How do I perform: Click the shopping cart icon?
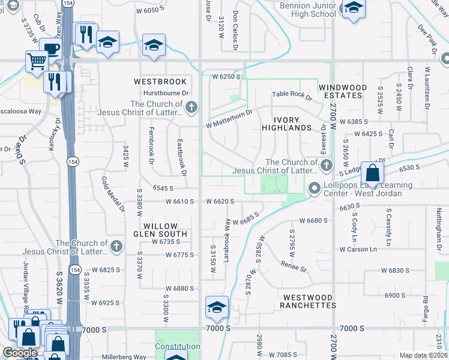(x=37, y=61)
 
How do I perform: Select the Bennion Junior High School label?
(x=300, y=10)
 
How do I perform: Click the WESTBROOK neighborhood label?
(x=160, y=81)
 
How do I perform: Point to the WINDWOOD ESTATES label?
(x=342, y=91)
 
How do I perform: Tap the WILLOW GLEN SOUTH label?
(x=160, y=230)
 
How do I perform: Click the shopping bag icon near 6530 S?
(x=372, y=173)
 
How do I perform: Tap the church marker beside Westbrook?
(x=191, y=108)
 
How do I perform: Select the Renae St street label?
(x=294, y=265)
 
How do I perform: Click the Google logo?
(x=20, y=353)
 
